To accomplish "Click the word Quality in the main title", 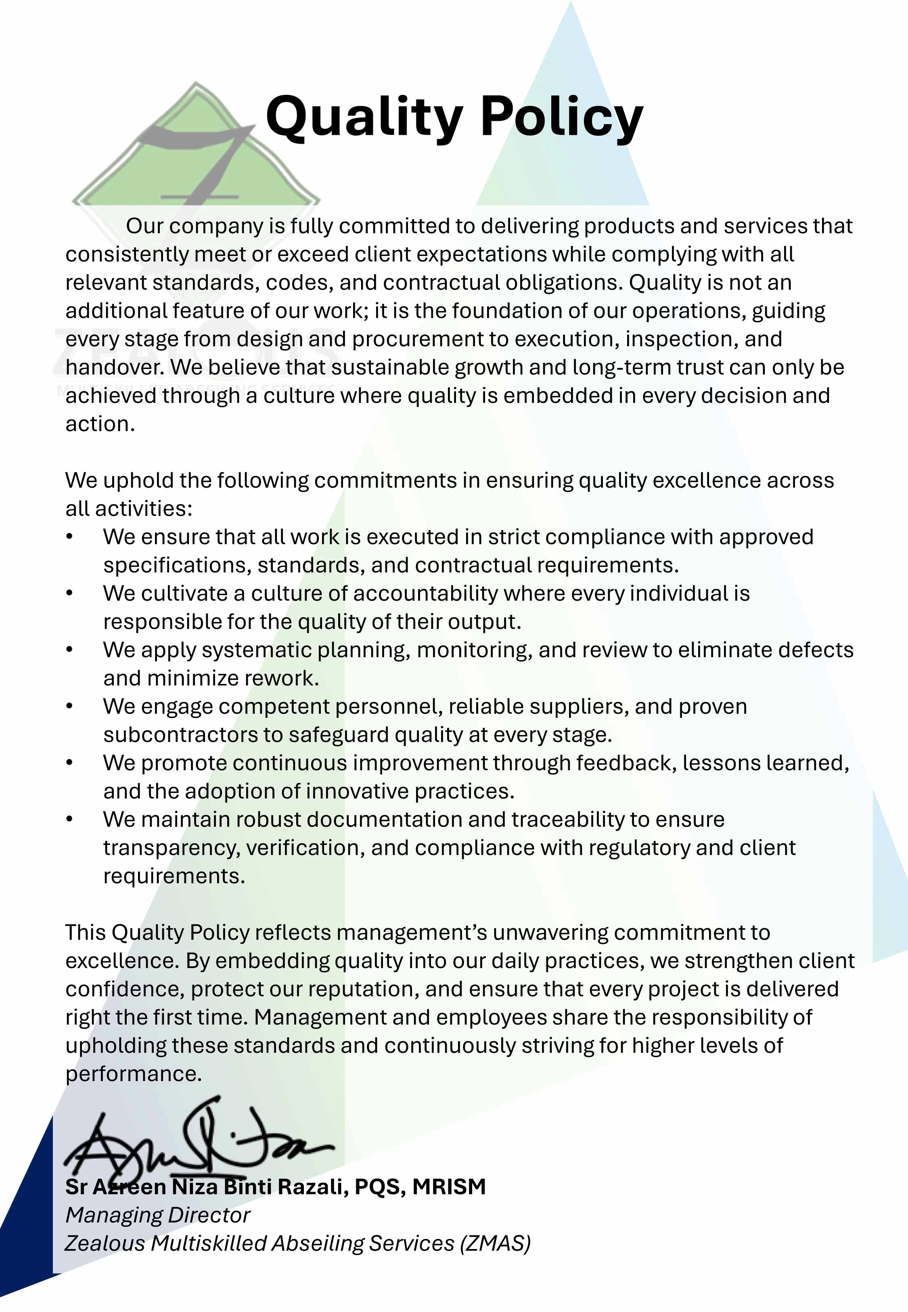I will [364, 118].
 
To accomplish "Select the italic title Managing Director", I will [158, 1215].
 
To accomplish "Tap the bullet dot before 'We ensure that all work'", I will [69, 537].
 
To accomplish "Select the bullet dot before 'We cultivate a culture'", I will [69, 593].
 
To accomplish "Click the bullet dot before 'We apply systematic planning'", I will [69, 650].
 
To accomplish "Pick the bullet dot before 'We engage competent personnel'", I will [69, 706].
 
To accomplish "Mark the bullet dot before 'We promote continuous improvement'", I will [69, 763].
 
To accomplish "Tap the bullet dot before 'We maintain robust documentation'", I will [69, 819].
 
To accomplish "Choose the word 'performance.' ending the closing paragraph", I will [134, 1073].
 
